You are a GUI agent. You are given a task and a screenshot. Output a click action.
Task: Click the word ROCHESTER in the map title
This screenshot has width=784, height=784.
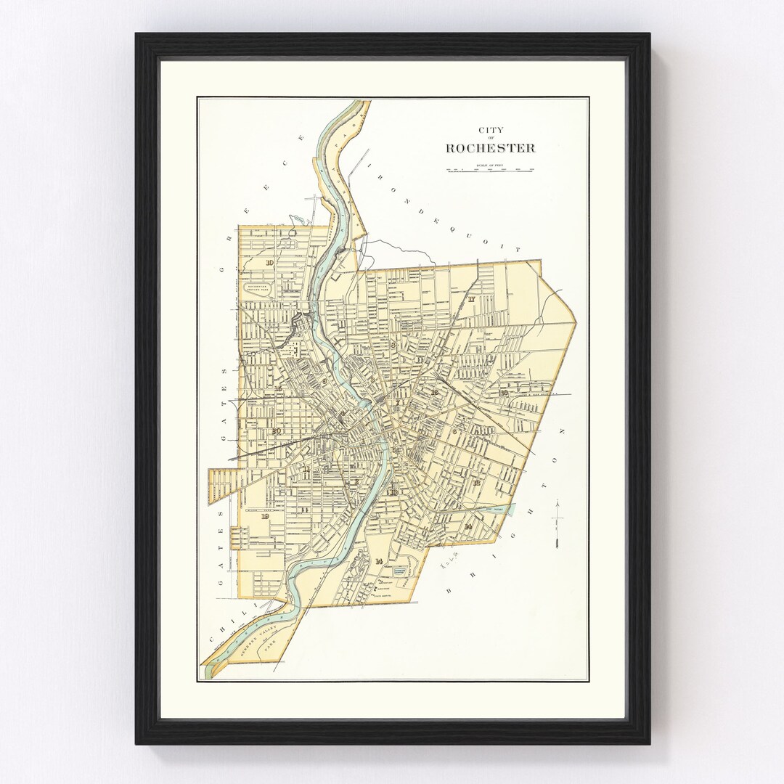(x=490, y=148)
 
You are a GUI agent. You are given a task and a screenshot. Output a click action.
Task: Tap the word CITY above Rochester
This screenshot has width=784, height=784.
(x=490, y=131)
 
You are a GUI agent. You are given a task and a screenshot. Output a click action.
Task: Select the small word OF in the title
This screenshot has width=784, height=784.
(x=490, y=139)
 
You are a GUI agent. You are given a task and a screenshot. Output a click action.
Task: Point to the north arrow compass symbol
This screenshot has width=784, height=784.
(x=557, y=522)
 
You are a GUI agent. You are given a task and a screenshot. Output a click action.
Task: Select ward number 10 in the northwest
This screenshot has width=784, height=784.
(x=269, y=263)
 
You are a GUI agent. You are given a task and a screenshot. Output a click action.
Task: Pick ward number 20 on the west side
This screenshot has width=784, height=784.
(x=276, y=430)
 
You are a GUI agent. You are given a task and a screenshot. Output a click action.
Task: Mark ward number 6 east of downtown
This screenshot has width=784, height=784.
(x=454, y=431)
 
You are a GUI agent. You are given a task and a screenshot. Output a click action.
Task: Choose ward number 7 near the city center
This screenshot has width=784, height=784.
(x=397, y=403)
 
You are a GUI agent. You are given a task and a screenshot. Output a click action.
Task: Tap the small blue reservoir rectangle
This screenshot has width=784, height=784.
(x=399, y=572)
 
